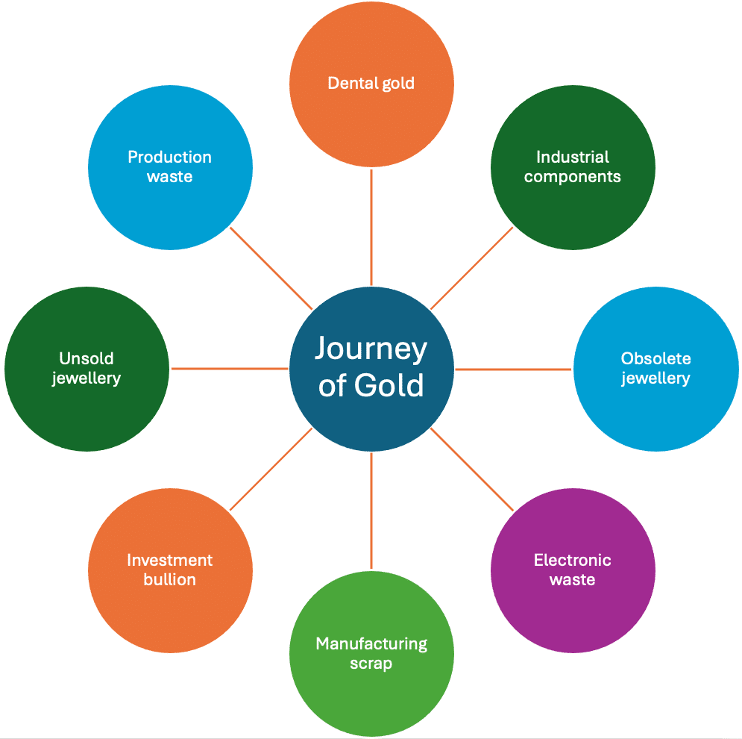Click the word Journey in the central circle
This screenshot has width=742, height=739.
pos(371,349)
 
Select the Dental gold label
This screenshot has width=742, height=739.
pos(371,84)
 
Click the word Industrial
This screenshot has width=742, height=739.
pos(573,157)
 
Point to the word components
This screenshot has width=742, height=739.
pos(573,177)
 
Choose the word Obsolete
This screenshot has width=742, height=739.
pos(656,358)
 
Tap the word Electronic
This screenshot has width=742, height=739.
pos(573,560)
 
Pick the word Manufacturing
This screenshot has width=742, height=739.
pos(371,643)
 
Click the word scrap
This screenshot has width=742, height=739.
pos(371,663)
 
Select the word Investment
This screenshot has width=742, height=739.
pos(170,560)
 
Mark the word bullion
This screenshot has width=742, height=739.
pos(170,579)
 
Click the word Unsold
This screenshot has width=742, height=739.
pos(87,358)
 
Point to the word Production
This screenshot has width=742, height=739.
pos(170,157)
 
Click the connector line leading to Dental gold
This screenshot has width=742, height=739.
pos(371,228)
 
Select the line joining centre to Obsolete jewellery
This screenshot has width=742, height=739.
pos(514,369)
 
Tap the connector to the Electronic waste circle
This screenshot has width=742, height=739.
pos(472,470)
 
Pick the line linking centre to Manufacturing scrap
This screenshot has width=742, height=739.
pos(371,511)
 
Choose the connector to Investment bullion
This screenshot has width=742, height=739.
pos(271,470)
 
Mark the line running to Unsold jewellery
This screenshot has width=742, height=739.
pos(230,369)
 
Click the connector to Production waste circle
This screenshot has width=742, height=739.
pos(271,269)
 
